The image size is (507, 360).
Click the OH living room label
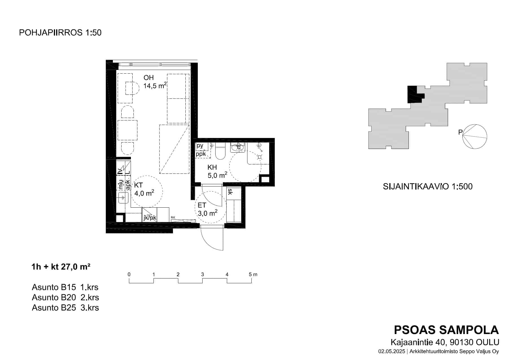pos(148,78)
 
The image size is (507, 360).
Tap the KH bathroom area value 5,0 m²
pos(218,175)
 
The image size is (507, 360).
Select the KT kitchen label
pos(139,185)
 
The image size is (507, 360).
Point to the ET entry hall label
pos(202,205)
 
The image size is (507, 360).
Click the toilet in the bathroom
pos(220,152)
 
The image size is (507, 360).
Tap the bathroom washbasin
pos(237,147)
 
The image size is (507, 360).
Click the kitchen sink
pos(123,197)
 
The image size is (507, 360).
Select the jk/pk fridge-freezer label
pos(150,218)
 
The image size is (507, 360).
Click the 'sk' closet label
pos(230,192)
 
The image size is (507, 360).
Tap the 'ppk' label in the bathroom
pos(201,154)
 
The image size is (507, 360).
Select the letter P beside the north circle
pos(460,132)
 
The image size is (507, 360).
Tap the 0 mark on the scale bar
pos(129,274)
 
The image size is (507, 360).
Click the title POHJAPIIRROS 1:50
pos(60,33)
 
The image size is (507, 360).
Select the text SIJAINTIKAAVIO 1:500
pos(427,186)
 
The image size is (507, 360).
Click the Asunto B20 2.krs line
pos(65,297)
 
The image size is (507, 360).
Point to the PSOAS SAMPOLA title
pos(446,330)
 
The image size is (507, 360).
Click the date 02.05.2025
pos(392,352)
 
